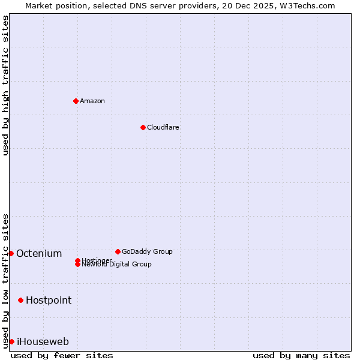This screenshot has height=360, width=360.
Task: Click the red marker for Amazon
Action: pyautogui.click(x=76, y=101)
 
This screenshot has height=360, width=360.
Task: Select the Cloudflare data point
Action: pyautogui.click(x=143, y=127)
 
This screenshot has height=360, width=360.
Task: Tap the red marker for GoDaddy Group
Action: pyautogui.click(x=118, y=251)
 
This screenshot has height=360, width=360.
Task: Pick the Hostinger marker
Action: pyautogui.click(x=77, y=260)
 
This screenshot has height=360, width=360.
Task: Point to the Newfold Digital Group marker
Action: pyautogui.click(x=77, y=265)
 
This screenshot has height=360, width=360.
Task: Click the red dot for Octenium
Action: pyautogui.click(x=11, y=253)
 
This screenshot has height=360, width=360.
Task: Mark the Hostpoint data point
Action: pyautogui.click(x=20, y=300)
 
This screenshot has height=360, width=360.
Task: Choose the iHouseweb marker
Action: pyautogui.click(x=11, y=341)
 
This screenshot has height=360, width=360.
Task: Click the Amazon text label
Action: pyautogui.click(x=92, y=101)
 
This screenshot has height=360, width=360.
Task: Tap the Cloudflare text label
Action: pyautogui.click(x=163, y=127)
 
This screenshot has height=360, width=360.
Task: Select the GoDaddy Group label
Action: pyautogui.click(x=147, y=251)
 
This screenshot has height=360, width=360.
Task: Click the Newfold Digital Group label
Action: pyautogui.click(x=116, y=265)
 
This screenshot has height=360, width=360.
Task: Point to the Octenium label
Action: pyautogui.click(x=39, y=253)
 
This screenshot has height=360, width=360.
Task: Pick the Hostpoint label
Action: pyautogui.click(x=49, y=300)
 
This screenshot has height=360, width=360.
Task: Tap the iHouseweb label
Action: pyautogui.click(x=43, y=341)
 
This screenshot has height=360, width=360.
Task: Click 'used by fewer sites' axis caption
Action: pyautogui.click(x=62, y=355)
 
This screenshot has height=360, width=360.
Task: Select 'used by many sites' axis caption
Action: pyautogui.click(x=301, y=355)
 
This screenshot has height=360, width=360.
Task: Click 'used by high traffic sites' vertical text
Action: pyautogui.click(x=5, y=85)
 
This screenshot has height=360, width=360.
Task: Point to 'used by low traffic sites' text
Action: pyautogui.click(x=5, y=281)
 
